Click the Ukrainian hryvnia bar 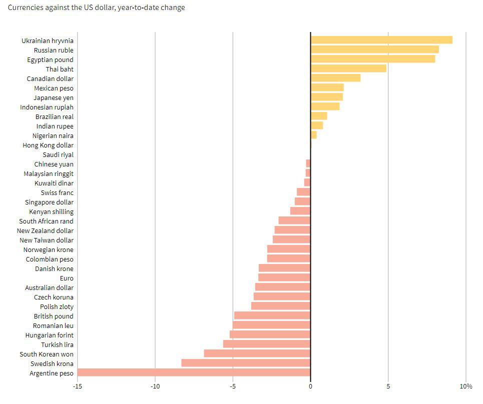(381, 40)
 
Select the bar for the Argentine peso (194, 372)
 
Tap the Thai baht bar (348, 68)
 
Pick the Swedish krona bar (246, 363)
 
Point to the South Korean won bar (257, 353)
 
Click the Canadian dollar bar (335, 78)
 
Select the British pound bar (272, 315)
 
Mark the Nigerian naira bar (314, 135)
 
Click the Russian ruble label (54, 50)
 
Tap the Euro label (67, 278)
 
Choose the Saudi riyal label (58, 154)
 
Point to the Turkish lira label (57, 344)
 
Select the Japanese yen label (54, 97)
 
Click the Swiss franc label (57, 192)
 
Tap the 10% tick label (466, 386)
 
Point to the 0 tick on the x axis (310, 386)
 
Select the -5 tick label (233, 386)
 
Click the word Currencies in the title (25, 7)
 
